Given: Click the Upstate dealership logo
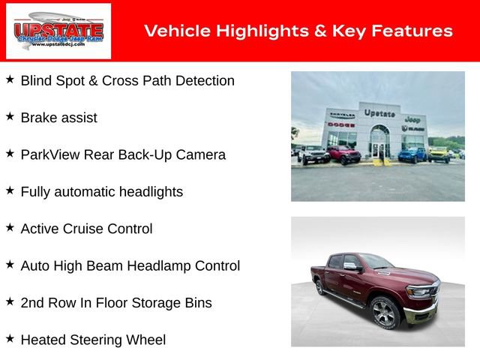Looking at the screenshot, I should (58, 31).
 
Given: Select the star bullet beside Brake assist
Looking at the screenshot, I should (10, 116).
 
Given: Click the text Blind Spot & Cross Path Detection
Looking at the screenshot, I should (127, 80).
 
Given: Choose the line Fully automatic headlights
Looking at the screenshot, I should (101, 191).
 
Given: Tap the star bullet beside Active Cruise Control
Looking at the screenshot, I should (10, 227).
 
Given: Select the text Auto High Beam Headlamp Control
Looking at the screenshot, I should (130, 265).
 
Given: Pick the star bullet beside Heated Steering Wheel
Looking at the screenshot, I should (10, 338).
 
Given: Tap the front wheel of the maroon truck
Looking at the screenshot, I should (384, 313).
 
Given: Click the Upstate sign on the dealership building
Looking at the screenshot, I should (379, 113).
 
